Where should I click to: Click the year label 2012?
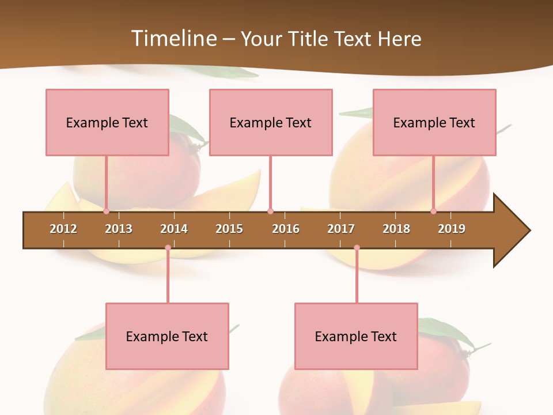(x=63, y=229)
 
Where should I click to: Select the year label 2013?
(x=119, y=229)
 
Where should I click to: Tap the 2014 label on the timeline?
(x=174, y=229)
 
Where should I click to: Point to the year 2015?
(x=229, y=229)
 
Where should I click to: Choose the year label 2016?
(x=286, y=229)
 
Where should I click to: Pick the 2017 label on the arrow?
(x=341, y=229)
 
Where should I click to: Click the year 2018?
(x=396, y=229)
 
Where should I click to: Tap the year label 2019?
(x=452, y=229)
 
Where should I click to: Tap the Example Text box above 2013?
(x=107, y=122)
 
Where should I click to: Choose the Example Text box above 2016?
(x=271, y=122)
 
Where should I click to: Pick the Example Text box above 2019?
(x=434, y=122)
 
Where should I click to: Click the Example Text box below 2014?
(x=167, y=336)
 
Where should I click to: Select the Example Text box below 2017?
(x=356, y=336)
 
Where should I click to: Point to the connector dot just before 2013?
(x=106, y=212)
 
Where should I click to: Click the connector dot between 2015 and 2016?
(x=270, y=212)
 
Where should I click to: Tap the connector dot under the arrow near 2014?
(x=168, y=248)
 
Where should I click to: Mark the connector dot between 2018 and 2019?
(x=433, y=212)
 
